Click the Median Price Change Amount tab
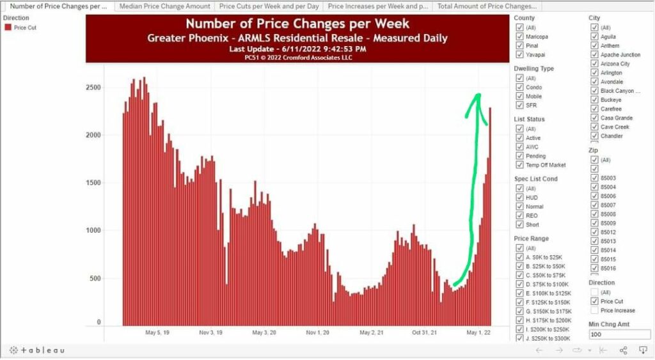[164, 6]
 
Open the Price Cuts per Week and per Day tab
[269, 6]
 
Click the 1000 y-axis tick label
[94, 230]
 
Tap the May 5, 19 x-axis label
[157, 333]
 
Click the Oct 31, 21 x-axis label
[425, 333]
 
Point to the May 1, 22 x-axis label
[478, 333]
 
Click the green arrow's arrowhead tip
[476, 95]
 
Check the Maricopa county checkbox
[519, 36]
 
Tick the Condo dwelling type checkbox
[519, 87]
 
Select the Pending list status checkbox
[519, 155]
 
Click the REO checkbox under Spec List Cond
[519, 215]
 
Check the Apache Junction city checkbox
[594, 55]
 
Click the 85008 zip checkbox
[594, 214]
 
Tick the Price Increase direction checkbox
[594, 310]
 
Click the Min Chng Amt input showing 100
[619, 334]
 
